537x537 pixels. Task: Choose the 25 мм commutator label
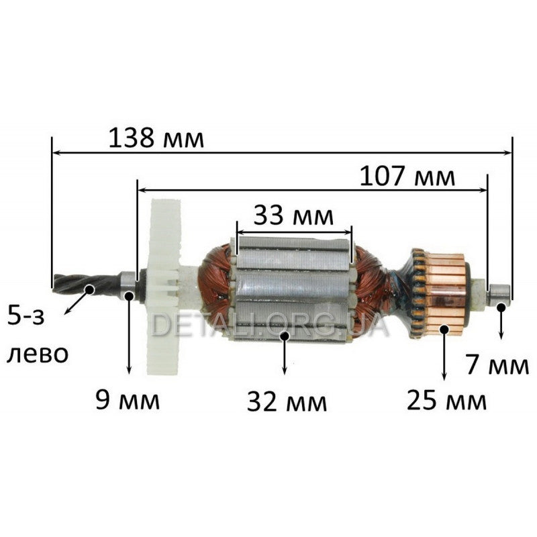[x=446, y=401]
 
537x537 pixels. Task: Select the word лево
[x=37, y=354]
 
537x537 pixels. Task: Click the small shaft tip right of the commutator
[x=500, y=293]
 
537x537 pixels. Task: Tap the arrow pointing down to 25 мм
[x=444, y=356]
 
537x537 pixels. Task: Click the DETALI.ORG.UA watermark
[x=268, y=326]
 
